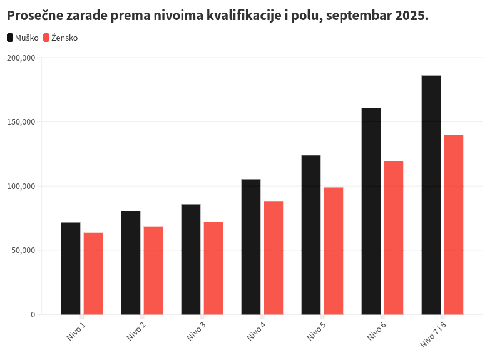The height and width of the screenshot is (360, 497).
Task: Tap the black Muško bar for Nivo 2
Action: pyautogui.click(x=131, y=262)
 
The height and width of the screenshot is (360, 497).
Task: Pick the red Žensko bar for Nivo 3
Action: pyautogui.click(x=213, y=267)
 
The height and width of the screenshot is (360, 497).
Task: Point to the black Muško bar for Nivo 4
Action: pyautogui.click(x=251, y=247)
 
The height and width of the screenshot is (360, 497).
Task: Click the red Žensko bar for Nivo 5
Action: pyautogui.click(x=334, y=250)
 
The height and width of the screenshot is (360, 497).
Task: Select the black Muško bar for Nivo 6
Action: pyautogui.click(x=371, y=211)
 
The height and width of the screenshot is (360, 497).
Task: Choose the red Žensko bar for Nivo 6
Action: pyautogui.click(x=394, y=237)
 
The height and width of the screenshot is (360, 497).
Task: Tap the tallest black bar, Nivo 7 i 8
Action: pyautogui.click(x=431, y=195)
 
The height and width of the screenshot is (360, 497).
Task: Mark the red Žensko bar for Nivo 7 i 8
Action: pyautogui.click(x=454, y=224)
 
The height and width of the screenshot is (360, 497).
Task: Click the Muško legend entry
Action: pyautogui.click(x=23, y=38)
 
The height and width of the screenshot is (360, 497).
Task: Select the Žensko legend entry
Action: pyautogui.click(x=61, y=38)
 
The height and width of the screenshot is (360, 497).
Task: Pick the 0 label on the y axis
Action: pyautogui.click(x=33, y=314)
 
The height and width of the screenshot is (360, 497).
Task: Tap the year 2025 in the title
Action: pyautogui.click(x=412, y=15)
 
